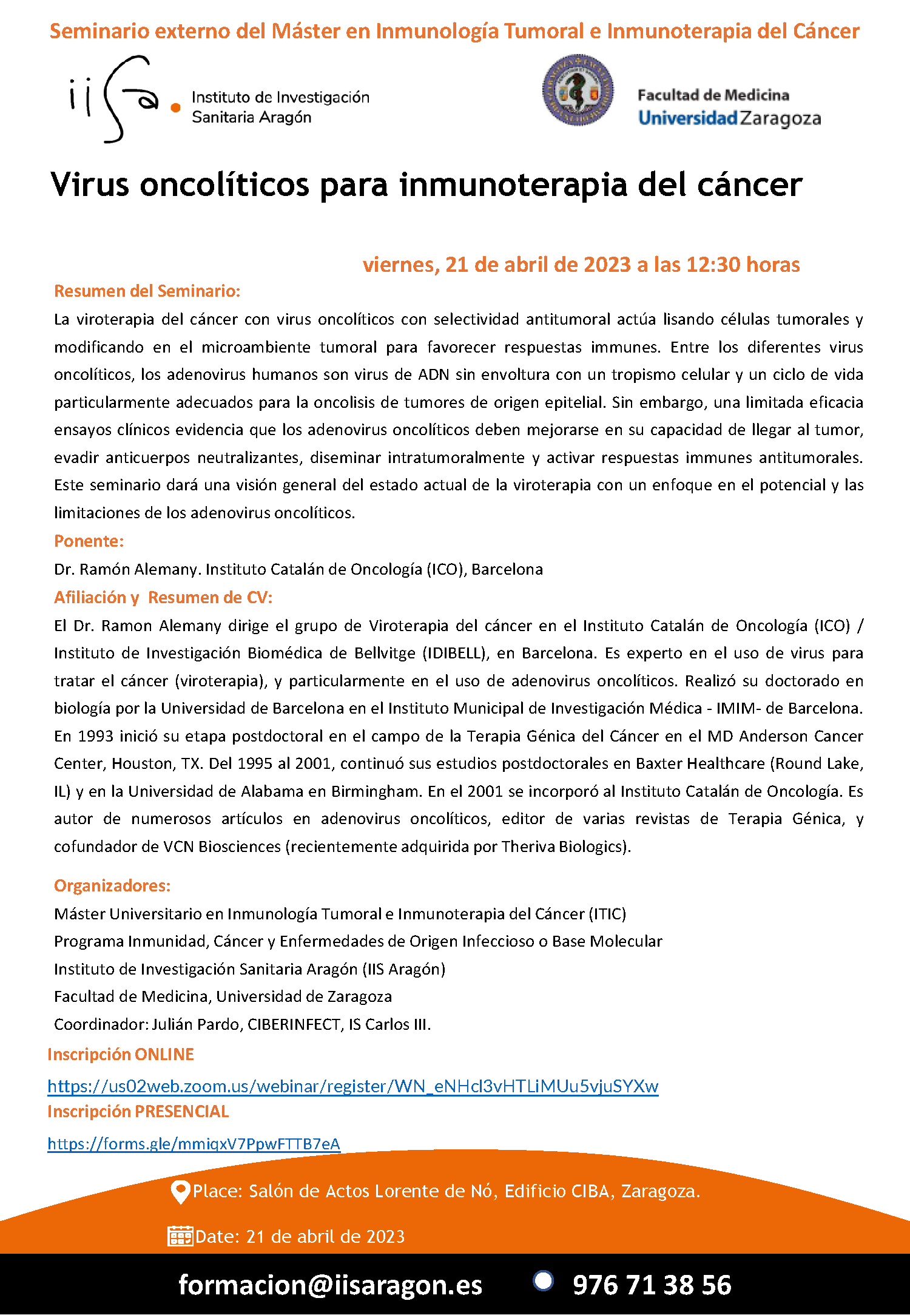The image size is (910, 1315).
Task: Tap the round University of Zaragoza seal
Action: [x=577, y=90]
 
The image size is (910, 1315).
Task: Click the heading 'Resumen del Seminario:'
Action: [x=147, y=291]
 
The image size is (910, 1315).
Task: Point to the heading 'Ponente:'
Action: [x=89, y=541]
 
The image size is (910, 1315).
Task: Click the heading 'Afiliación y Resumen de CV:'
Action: [x=163, y=598]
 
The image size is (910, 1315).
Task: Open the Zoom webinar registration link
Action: [x=352, y=1086]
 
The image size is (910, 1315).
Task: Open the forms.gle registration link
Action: [x=194, y=1144]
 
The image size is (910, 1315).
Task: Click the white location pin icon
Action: [x=180, y=1192]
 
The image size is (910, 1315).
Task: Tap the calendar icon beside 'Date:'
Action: [x=180, y=1237]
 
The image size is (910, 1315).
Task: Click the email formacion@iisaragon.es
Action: [x=330, y=1285]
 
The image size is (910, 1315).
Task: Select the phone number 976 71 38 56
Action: [x=652, y=1285]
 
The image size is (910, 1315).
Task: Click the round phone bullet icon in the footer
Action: [x=543, y=1280]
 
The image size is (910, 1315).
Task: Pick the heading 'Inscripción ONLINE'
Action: [x=121, y=1055]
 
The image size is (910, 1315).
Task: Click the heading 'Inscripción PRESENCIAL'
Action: [x=138, y=1112]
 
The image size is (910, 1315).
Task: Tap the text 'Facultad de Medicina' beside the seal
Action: [x=713, y=95]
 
